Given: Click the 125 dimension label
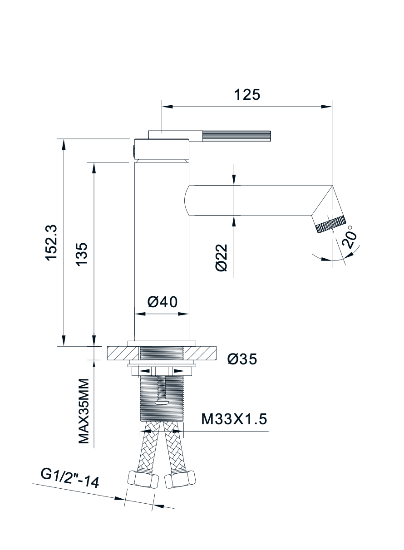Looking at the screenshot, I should tap(247, 94).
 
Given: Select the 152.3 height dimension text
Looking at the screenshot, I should tap(51, 242).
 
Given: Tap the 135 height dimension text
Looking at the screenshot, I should tap(81, 255).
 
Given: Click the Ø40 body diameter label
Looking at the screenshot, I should tap(162, 302).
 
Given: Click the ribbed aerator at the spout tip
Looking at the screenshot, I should tap(330, 224).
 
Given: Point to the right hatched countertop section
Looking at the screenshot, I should tap(202, 353).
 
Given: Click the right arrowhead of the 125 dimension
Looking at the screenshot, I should tap(327, 107).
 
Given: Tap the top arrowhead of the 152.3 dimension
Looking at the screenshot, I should tap(64, 144).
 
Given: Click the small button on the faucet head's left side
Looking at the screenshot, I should tap(133, 150).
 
